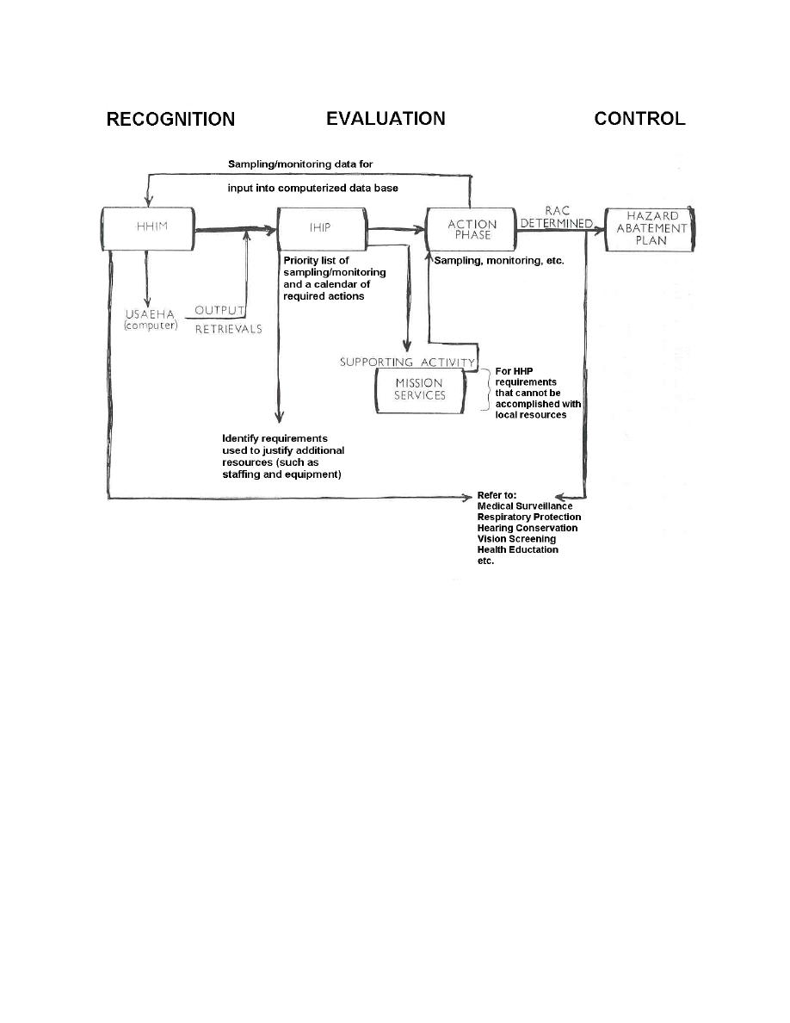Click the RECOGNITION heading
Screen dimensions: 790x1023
(x=170, y=119)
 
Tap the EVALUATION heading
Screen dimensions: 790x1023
(x=386, y=118)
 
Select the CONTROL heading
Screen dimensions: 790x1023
(x=639, y=118)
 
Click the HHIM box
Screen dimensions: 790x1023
(x=148, y=228)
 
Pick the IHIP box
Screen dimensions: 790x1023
(x=322, y=228)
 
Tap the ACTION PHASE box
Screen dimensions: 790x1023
(x=471, y=229)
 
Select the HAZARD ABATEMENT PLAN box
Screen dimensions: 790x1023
(x=650, y=229)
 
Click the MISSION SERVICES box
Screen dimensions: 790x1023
(x=421, y=390)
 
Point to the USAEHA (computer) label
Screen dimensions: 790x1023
(x=151, y=319)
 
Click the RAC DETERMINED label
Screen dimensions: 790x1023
(x=557, y=217)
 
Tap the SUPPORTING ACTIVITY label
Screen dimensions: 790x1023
(x=407, y=362)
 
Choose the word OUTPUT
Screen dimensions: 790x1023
(x=219, y=311)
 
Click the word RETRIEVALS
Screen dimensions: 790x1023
(x=229, y=330)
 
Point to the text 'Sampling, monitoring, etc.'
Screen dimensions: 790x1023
(x=499, y=260)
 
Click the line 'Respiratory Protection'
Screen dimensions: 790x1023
(x=529, y=517)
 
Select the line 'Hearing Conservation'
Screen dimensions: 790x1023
(x=528, y=528)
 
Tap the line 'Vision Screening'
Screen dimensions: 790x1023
(x=517, y=539)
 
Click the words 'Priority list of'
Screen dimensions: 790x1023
(x=316, y=260)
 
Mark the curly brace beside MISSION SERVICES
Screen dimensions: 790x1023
(x=485, y=390)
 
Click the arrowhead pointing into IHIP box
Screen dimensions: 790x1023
(x=271, y=229)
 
